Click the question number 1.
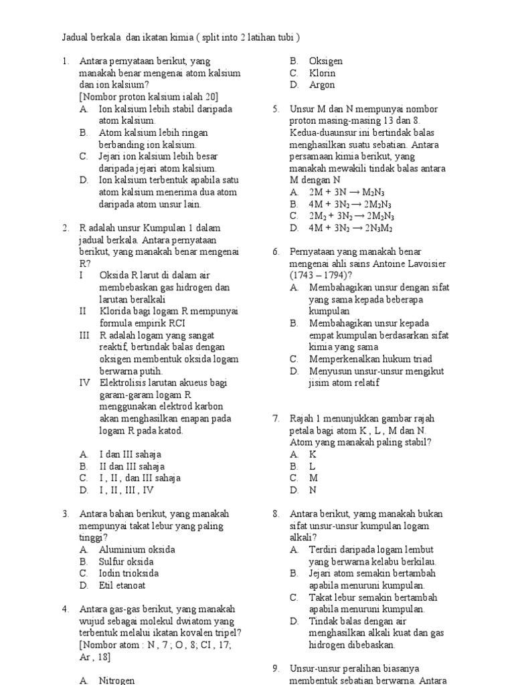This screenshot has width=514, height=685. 66,61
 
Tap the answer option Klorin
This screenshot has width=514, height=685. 322,73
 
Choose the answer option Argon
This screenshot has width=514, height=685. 322,85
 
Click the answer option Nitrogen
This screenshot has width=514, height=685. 116,680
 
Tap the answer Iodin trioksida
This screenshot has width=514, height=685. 129,573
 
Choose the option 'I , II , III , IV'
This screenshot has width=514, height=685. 126,490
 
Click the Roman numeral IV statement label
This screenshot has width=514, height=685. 84,383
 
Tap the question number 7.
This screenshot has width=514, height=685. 276,418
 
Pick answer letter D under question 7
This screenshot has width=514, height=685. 294,490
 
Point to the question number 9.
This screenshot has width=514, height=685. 276,668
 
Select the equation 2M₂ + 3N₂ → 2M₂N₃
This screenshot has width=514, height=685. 351,216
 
